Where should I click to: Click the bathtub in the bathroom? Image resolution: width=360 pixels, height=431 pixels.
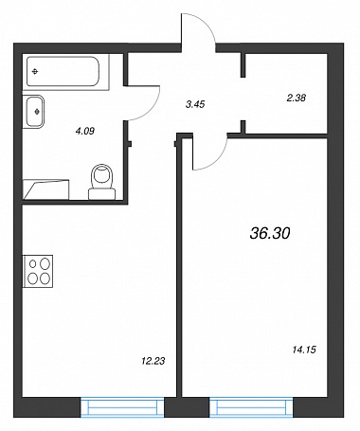point(63,72)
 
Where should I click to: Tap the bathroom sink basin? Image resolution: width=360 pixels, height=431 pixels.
point(34,112)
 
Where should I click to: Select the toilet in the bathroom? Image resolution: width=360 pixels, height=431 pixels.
point(101,182)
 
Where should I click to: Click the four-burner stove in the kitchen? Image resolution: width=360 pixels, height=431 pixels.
point(38,271)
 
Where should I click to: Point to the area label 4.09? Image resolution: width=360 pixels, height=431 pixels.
point(85,131)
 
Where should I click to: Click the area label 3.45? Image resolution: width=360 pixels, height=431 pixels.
point(195,104)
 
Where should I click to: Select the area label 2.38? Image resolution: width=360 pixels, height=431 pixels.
point(296,98)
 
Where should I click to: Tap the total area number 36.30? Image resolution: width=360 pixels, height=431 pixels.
point(270,234)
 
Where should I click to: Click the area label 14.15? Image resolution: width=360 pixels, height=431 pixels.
point(304,350)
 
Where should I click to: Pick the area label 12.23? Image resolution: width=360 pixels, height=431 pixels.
point(153,361)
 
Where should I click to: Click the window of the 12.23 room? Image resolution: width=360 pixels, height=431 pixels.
point(122,407)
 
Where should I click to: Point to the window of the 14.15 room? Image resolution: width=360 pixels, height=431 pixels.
point(251,407)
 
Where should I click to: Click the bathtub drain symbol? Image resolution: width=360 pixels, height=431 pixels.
point(35,72)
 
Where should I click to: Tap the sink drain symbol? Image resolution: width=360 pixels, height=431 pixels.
point(37,112)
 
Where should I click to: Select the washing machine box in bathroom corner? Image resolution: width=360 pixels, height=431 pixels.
point(46,189)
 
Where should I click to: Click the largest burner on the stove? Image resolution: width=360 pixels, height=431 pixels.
point(45,262)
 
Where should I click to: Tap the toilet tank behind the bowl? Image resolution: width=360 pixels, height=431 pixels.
point(101,194)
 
